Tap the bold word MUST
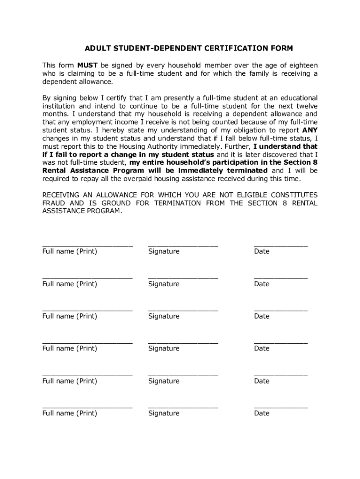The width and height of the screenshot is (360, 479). (x=87, y=65)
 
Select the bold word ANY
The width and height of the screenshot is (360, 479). (x=310, y=130)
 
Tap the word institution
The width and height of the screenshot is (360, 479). (x=60, y=106)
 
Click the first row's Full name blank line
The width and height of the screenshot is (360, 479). (x=87, y=245)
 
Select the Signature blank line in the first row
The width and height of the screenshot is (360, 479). (x=183, y=245)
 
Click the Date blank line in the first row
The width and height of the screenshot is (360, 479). (x=281, y=245)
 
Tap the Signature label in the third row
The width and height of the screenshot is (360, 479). (x=164, y=316)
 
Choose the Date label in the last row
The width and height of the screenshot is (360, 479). (x=262, y=413)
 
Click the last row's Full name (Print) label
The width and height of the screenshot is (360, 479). (x=70, y=413)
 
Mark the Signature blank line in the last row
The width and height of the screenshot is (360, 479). (x=183, y=407)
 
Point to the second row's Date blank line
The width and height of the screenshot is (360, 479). (x=281, y=278)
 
